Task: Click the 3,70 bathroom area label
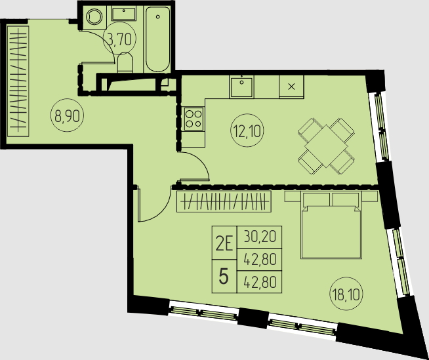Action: pos(119,39)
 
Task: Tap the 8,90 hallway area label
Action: pos(68,115)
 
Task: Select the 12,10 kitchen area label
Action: pos(247,130)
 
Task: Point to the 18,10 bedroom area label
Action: pos(346,295)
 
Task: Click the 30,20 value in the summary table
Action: pos(259,237)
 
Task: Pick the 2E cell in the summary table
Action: pos(224,243)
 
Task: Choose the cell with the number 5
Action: pos(224,276)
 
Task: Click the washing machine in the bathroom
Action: pos(94,17)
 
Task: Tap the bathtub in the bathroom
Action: pos(157,39)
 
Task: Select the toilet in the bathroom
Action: pos(125,62)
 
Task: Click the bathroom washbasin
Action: pos(123,14)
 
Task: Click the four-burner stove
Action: pos(194,119)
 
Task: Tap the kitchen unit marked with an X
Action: pos(291,87)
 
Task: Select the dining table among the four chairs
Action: pos(326,146)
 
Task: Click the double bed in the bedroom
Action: pos(331,225)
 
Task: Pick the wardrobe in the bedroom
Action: pos(224,201)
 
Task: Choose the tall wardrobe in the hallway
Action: pos(18,81)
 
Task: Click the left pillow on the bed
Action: pos(317,200)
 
